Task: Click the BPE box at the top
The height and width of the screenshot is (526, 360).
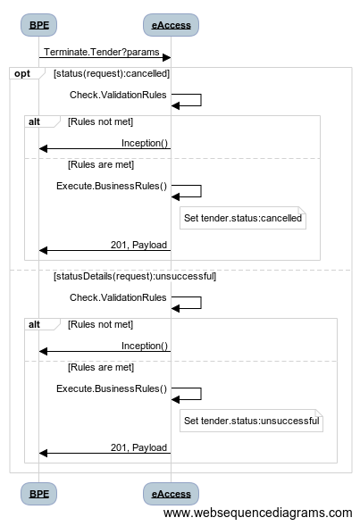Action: click(x=38, y=25)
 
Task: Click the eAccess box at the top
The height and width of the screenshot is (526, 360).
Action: click(x=171, y=25)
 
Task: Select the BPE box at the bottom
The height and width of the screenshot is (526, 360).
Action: click(x=38, y=494)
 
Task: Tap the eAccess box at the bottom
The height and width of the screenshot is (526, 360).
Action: click(x=171, y=494)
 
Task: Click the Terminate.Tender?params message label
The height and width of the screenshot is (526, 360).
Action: click(x=101, y=52)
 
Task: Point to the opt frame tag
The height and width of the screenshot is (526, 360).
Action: click(x=22, y=73)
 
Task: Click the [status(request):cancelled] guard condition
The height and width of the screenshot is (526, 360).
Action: click(x=112, y=73)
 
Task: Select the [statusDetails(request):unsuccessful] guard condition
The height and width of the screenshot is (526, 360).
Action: click(x=135, y=276)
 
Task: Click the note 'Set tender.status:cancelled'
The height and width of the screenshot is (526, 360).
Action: click(x=243, y=218)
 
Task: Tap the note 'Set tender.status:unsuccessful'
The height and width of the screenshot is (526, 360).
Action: click(x=251, y=421)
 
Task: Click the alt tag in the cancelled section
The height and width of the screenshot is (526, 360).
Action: click(x=34, y=121)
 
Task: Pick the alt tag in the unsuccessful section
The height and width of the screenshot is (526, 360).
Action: click(x=34, y=324)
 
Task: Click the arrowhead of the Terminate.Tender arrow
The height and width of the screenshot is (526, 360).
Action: click(x=166, y=58)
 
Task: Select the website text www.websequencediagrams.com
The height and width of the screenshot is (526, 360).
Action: click(x=257, y=513)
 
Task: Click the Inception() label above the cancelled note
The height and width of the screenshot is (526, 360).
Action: click(x=145, y=143)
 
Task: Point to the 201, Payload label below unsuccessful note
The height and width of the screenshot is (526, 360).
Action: click(x=138, y=447)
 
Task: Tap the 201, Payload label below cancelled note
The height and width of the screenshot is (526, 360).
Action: click(x=138, y=245)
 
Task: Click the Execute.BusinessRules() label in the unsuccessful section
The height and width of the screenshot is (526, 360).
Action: click(x=112, y=388)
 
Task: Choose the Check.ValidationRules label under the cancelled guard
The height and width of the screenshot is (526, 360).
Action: click(x=118, y=95)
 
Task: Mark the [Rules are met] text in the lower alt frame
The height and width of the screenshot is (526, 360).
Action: click(x=101, y=367)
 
